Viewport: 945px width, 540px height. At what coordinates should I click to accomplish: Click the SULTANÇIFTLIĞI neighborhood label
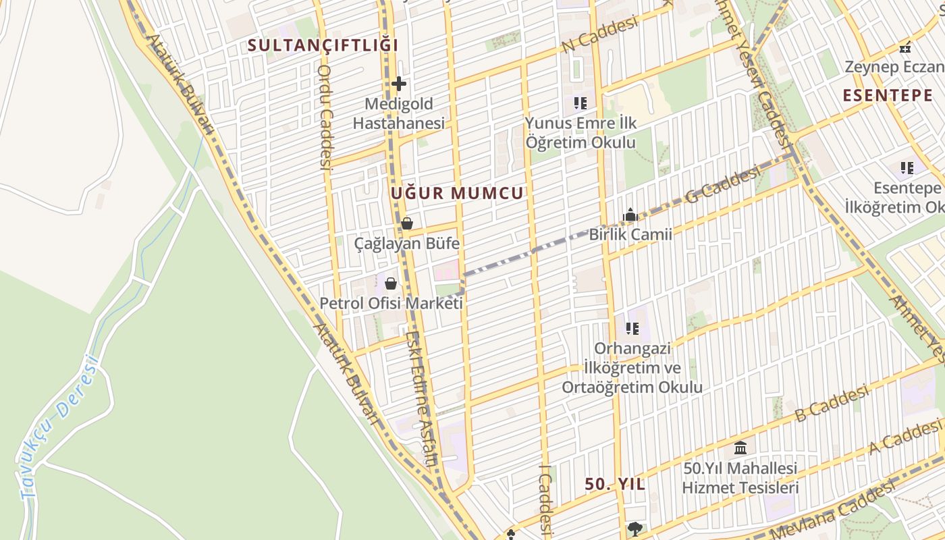pos(323,46)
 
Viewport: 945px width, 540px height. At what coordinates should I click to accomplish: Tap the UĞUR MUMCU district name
pos(457,194)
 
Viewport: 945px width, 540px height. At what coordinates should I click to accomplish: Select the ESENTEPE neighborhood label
pos(887,95)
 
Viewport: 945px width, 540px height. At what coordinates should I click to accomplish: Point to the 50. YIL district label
pos(615,484)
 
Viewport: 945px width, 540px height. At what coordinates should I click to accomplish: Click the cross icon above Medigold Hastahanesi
pos(399,84)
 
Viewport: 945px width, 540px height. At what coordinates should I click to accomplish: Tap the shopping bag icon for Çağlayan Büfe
pos(407,223)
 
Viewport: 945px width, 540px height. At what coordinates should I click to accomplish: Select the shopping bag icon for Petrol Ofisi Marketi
pos(391,283)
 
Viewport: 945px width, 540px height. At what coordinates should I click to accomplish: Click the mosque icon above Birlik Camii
pos(630,215)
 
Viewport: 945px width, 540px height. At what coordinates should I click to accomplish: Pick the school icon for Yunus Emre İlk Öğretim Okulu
pos(580,103)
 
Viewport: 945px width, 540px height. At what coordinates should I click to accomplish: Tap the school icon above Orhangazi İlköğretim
pos(632,329)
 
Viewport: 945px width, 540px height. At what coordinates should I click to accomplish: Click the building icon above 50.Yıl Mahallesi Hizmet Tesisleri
pos(740,448)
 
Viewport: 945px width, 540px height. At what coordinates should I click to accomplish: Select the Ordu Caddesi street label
pos(325,116)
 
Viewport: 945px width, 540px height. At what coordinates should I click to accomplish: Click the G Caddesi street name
pos(722,186)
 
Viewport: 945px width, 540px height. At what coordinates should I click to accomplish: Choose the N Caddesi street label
pos(599,34)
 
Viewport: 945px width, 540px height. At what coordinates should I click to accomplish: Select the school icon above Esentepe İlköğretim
pos(907,167)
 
